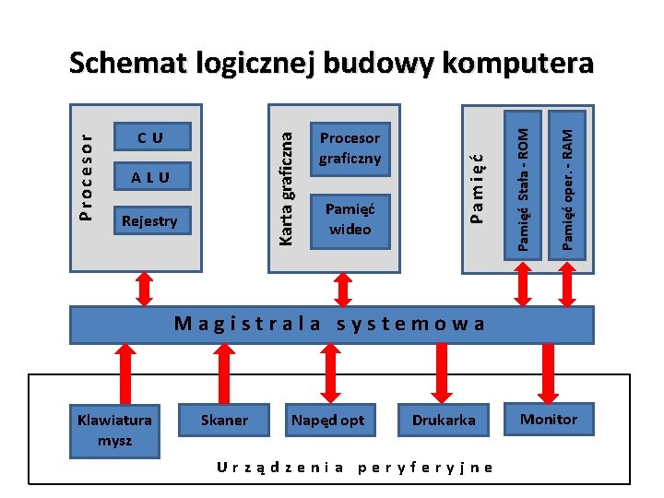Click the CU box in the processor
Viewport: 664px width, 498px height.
pos(150,137)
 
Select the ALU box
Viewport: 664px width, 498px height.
pos(150,177)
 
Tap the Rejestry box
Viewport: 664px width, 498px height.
pos(150,220)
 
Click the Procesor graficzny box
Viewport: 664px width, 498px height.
pos(350,148)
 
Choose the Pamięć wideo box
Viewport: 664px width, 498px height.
pos(350,219)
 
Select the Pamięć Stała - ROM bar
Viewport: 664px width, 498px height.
pos(522,180)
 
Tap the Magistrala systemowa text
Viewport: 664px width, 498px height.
pos(329,324)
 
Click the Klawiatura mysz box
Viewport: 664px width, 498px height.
pos(115,430)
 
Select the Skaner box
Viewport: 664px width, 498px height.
pos(224,421)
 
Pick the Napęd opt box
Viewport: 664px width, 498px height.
pos(328,421)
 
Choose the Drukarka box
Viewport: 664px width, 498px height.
pos(444,421)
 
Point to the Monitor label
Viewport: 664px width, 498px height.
pos(549,420)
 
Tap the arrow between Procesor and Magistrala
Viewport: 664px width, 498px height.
pos(145,288)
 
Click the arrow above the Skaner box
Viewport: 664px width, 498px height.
pos(224,373)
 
